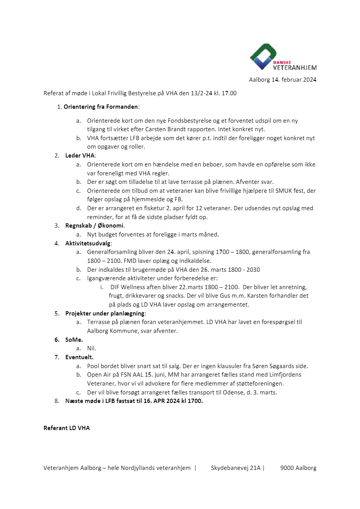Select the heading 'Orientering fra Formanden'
click(x=101, y=107)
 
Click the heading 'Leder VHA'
click(x=80, y=156)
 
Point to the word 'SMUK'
click(x=285, y=191)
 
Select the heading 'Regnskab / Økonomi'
click(x=95, y=226)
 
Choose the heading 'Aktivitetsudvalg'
click(x=88, y=243)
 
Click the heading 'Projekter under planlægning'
click(x=105, y=314)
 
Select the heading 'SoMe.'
click(x=74, y=340)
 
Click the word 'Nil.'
click(x=91, y=348)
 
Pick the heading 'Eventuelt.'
click(x=79, y=357)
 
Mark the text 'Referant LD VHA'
click(x=67, y=428)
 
